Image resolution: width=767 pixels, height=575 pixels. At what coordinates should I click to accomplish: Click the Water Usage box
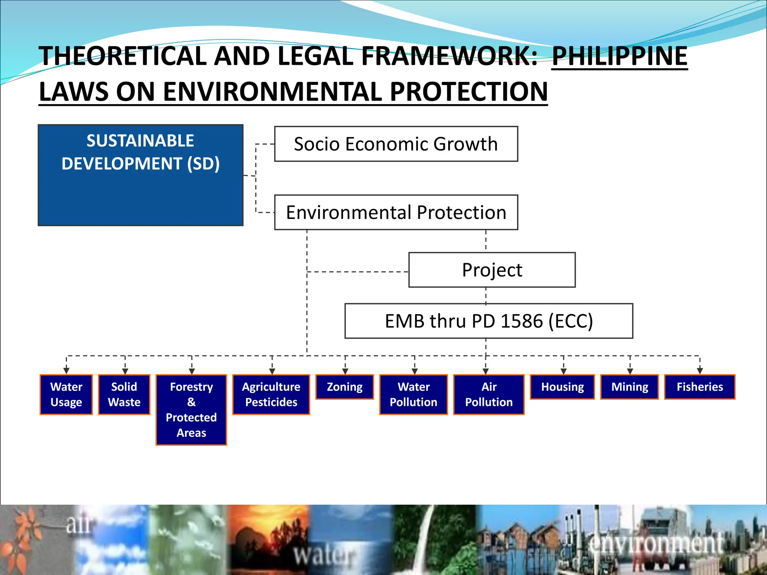pos(66,394)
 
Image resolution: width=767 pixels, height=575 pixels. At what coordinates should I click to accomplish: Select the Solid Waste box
pos(124,394)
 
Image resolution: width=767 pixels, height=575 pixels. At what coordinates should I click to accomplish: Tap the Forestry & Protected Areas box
pos(191,410)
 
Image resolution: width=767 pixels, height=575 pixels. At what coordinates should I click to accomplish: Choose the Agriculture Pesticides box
pos(271,394)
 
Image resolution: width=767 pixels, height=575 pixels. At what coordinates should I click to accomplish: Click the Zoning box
pos(345,387)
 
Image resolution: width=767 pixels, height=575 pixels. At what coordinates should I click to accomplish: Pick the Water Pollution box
pos(413,394)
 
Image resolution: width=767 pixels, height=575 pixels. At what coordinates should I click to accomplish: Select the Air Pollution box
pos(489,394)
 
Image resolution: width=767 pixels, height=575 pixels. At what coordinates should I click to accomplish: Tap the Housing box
pos(563,387)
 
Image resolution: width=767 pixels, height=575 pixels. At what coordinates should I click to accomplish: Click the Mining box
pos(630,387)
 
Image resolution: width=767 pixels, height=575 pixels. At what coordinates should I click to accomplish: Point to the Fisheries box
pos(700,387)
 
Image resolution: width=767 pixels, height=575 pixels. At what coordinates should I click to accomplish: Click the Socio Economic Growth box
pos(396,144)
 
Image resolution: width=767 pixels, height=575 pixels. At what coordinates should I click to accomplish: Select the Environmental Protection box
pos(396,212)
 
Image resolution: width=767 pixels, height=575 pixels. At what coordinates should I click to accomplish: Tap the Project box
pos(492,270)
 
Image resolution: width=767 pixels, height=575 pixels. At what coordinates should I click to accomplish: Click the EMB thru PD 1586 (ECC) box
pos(489,321)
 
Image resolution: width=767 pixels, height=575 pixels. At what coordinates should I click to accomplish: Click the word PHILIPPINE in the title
pos(619,56)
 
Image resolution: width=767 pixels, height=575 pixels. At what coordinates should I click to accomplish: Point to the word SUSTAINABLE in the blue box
pos(140,141)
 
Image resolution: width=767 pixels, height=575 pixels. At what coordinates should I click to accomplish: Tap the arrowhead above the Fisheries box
pos(700,371)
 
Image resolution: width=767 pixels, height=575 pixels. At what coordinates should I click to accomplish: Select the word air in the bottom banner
pos(79,524)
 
